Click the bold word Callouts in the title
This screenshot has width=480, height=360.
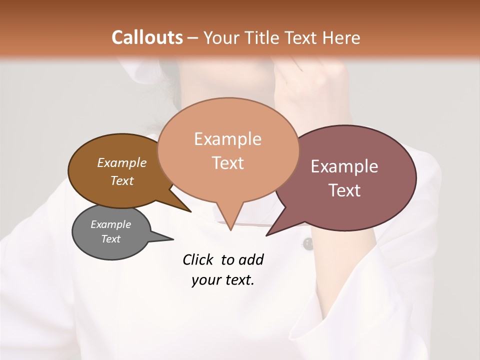pyautogui.click(x=147, y=37)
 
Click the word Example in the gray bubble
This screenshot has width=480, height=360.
pyautogui.click(x=110, y=224)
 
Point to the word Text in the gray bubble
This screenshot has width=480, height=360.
pyautogui.click(x=110, y=239)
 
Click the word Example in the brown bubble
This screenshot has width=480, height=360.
pyautogui.click(x=121, y=162)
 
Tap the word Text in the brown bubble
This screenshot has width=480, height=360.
pyautogui.click(x=121, y=180)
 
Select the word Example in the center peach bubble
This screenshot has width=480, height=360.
pyautogui.click(x=227, y=139)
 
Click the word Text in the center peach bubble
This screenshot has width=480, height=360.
pyautogui.click(x=227, y=163)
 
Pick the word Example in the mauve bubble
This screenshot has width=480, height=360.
pyautogui.click(x=344, y=166)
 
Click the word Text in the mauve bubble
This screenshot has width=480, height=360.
pyautogui.click(x=344, y=190)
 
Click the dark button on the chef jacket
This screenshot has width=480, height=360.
pyautogui.click(x=307, y=244)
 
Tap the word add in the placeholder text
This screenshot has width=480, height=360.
pyautogui.click(x=250, y=259)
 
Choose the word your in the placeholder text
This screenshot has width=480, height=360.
pyautogui.click(x=206, y=279)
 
